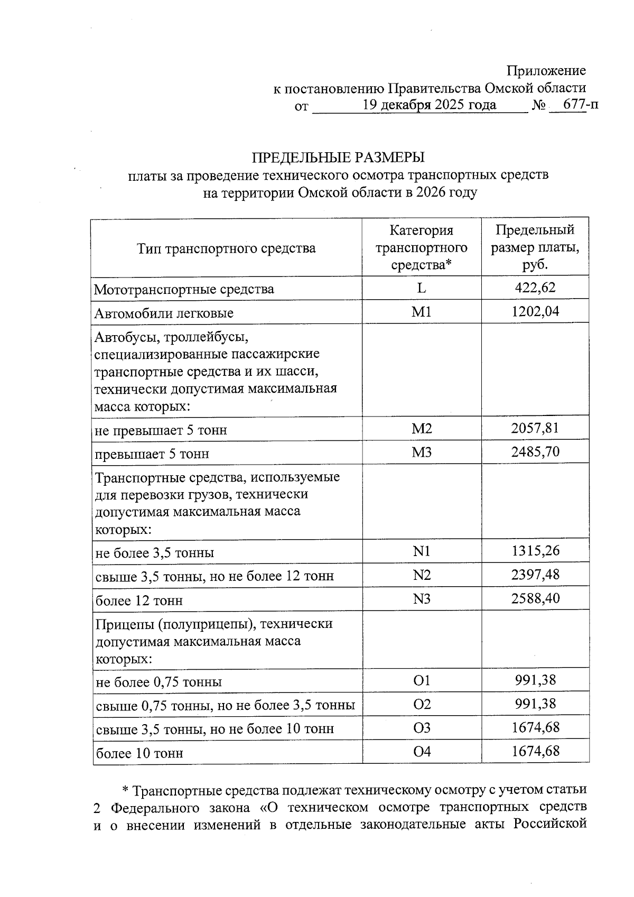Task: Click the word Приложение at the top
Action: click(546, 71)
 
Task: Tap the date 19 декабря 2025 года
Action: click(429, 105)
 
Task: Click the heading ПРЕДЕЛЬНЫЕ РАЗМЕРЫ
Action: click(338, 158)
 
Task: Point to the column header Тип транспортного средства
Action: click(226, 248)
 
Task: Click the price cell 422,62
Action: click(535, 288)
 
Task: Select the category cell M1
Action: click(422, 312)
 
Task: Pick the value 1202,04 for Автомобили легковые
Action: click(535, 312)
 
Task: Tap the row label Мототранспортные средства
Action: click(184, 289)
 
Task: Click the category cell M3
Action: click(422, 452)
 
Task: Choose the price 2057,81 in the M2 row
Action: click(535, 428)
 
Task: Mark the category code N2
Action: click(422, 575)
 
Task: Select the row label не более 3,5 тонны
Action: click(154, 553)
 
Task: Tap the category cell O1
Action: click(422, 681)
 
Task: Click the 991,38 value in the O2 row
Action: click(535, 704)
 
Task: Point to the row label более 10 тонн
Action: click(139, 753)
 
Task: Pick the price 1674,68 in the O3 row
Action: click(535, 728)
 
